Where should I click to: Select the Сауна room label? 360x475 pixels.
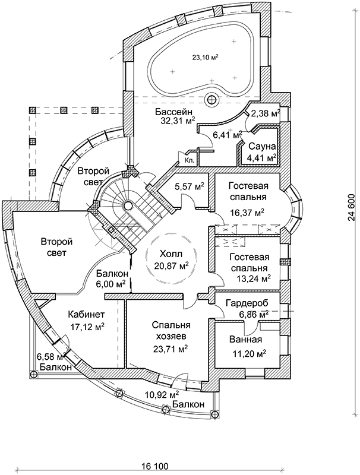[x=260, y=147]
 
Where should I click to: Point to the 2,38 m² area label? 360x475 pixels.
[x=266, y=113]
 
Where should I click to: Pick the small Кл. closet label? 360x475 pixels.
[x=190, y=160]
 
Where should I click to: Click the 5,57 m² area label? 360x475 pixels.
[x=190, y=186]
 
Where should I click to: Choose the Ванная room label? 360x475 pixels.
[x=245, y=340]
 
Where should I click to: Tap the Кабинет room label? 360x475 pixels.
[x=86, y=315]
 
